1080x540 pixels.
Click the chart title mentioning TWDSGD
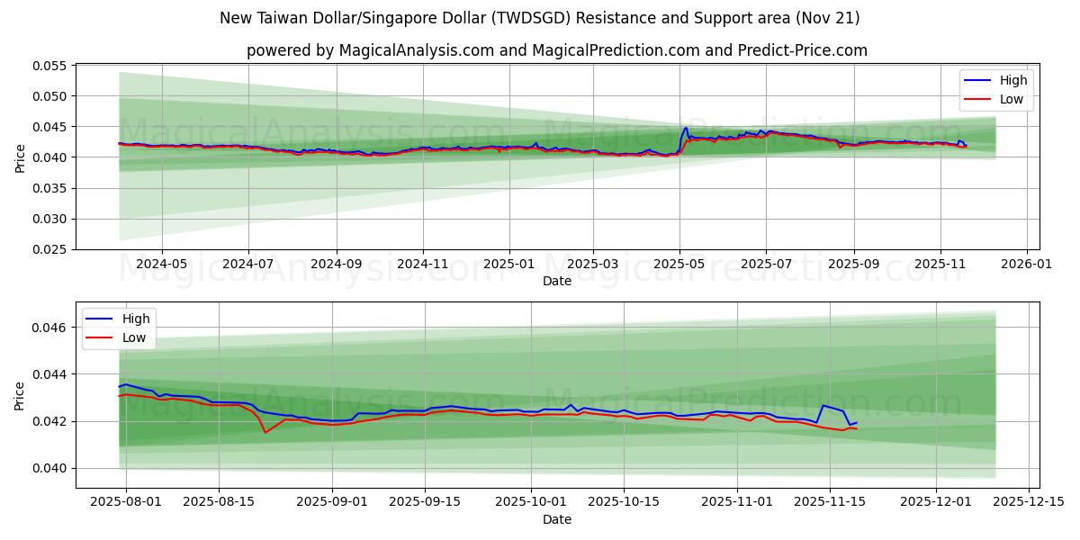pyautogui.click(x=539, y=18)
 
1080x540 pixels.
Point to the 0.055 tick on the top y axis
pyautogui.click(x=50, y=66)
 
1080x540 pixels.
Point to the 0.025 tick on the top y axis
pyautogui.click(x=50, y=249)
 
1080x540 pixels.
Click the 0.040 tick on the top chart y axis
pyautogui.click(x=50, y=157)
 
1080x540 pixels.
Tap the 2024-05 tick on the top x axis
pyautogui.click(x=162, y=265)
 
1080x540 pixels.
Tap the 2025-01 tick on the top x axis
pyautogui.click(x=509, y=265)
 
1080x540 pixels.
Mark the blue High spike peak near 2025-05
pyautogui.click(x=686, y=128)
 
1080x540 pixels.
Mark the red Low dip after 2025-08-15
pyautogui.click(x=265, y=432)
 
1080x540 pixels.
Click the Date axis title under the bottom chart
pyautogui.click(x=557, y=519)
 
